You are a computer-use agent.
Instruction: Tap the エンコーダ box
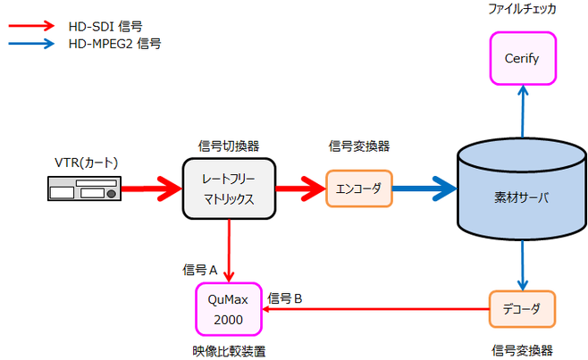pos(358,188)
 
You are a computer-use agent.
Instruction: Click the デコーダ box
pos(523,309)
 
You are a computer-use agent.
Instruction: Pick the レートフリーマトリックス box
pos(230,188)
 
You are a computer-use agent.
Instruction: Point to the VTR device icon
pos(82,188)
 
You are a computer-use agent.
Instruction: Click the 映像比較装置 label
pos(230,348)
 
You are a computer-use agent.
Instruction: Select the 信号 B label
pos(286,297)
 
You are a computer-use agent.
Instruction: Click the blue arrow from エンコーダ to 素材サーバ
pos(424,188)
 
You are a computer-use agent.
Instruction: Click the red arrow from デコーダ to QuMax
pos(375,310)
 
